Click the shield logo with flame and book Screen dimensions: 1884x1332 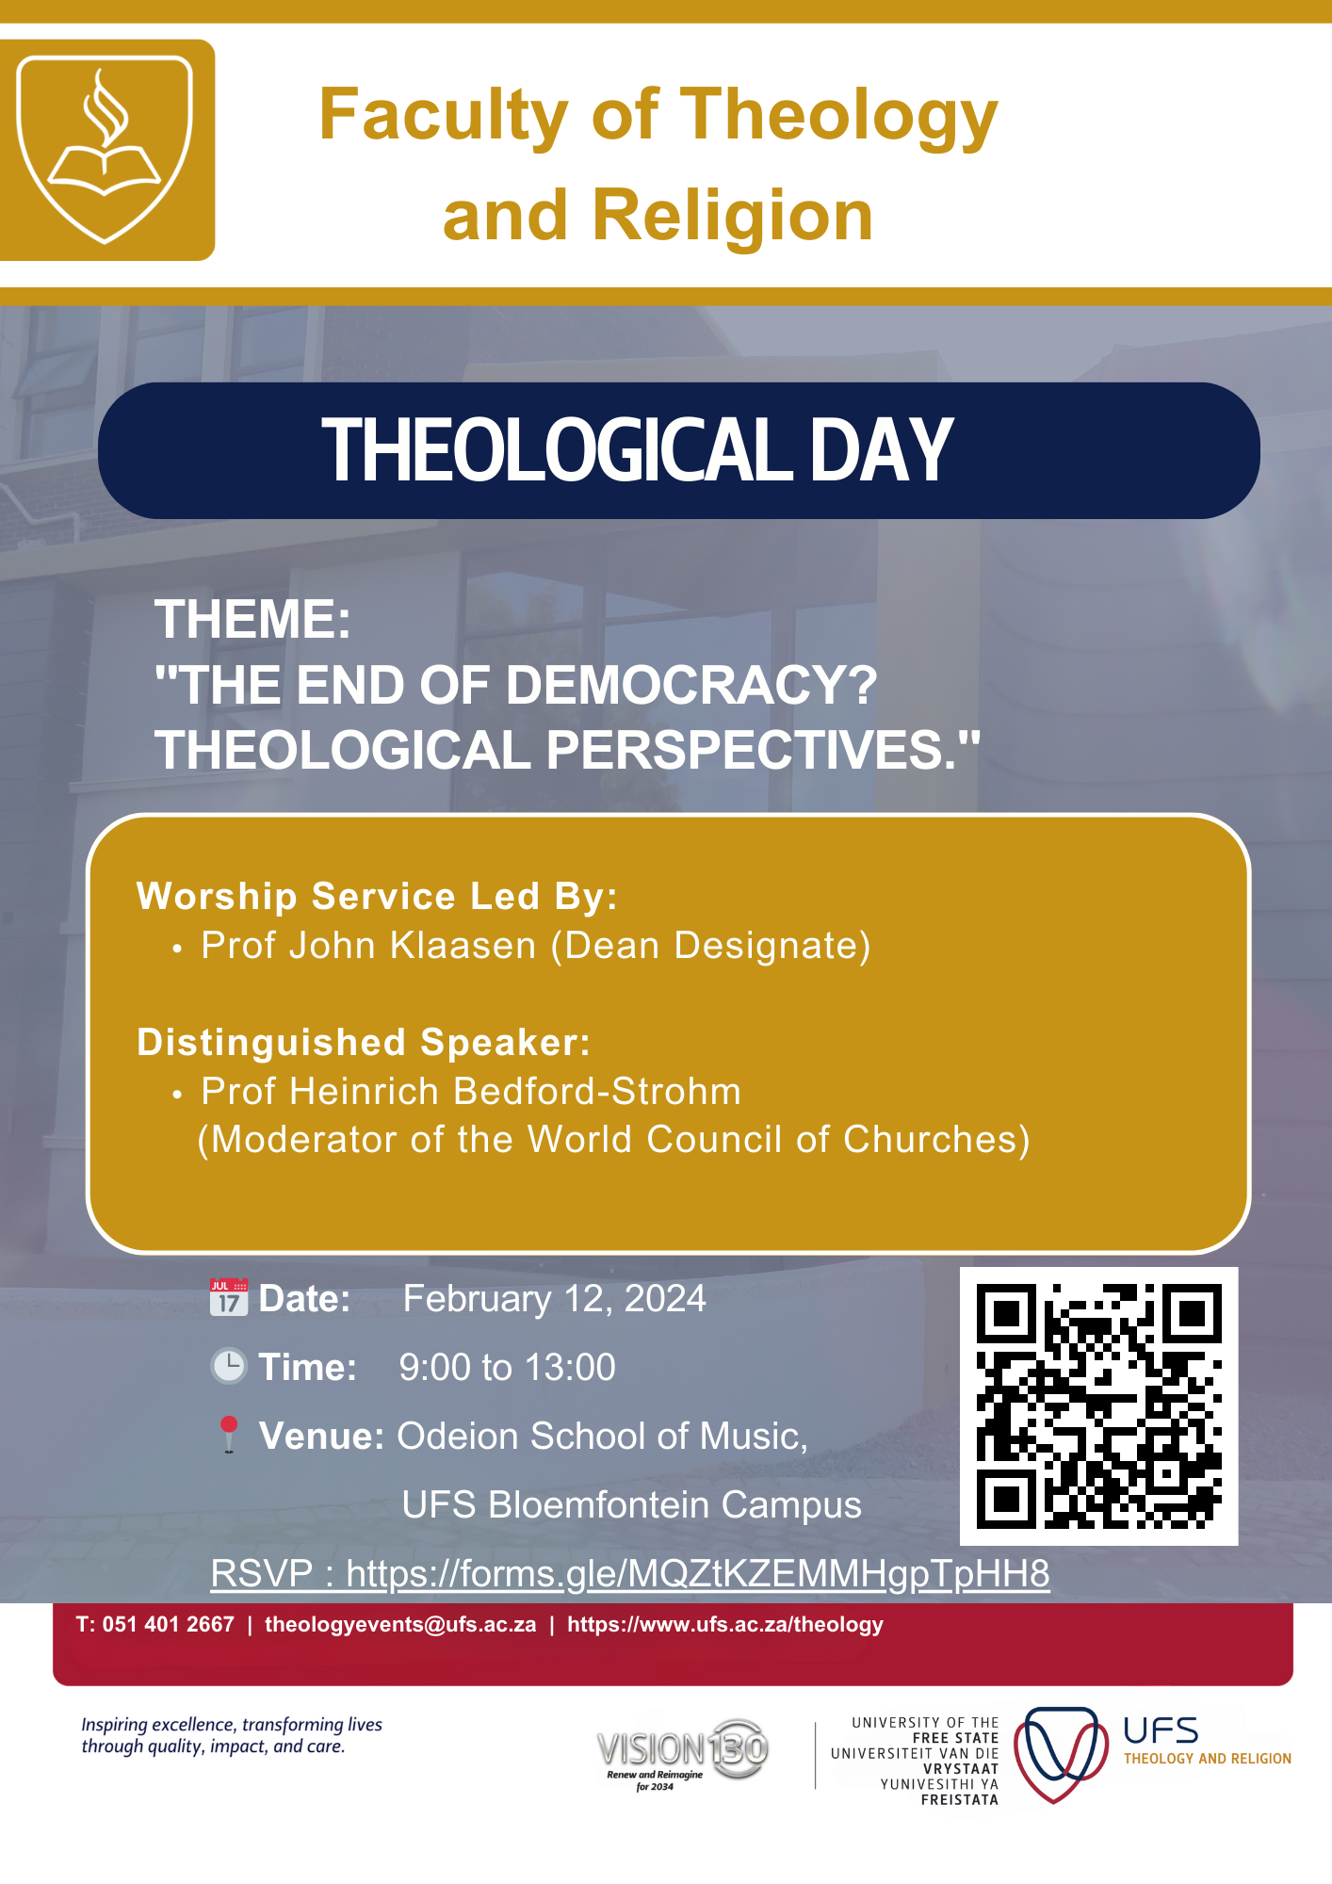105,149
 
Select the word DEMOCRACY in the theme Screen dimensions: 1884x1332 691,685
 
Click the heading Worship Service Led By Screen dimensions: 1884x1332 377,896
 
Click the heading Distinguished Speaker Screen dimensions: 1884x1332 364,1043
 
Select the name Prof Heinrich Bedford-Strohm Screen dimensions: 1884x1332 471,1092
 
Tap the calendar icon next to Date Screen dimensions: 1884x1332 229,1298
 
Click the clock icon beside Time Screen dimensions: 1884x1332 229,1366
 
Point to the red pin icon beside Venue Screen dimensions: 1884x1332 229,1434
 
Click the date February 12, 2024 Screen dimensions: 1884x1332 554,1299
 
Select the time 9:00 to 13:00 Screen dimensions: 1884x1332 507,1368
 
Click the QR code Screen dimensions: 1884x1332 1098,1405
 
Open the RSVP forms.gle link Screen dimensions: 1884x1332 697,1574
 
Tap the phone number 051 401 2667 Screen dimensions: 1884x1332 168,1624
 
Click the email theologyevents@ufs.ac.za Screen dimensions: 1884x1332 400,1624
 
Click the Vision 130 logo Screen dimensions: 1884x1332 682,1752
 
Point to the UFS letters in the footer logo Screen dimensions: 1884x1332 1161,1731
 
